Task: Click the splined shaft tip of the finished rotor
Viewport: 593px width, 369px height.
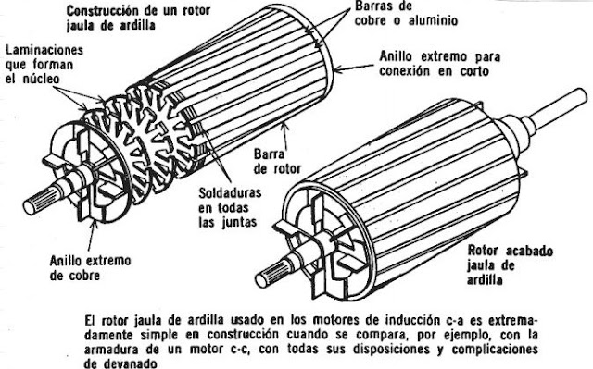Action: pos(284,271)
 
